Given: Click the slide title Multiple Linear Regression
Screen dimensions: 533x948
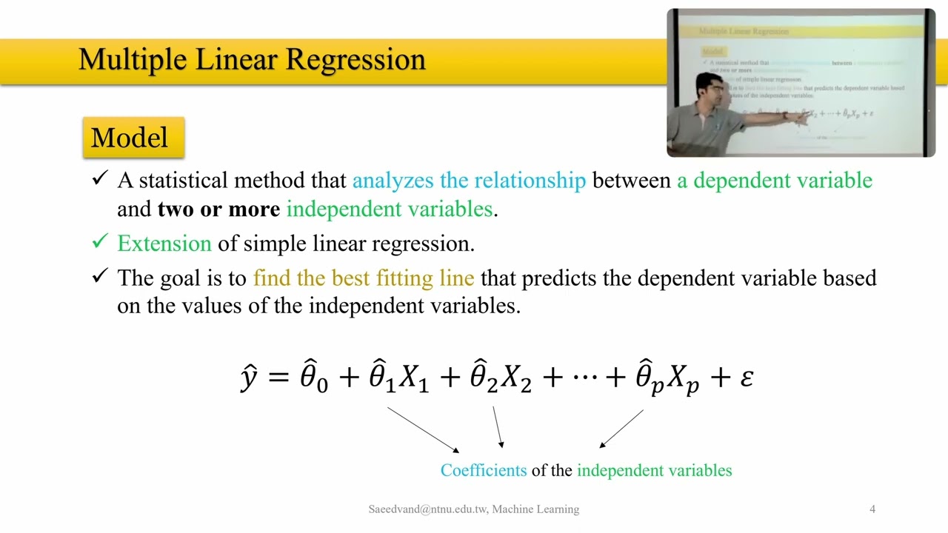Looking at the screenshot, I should coord(252,59).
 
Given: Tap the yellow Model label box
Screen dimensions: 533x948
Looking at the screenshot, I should coord(133,138).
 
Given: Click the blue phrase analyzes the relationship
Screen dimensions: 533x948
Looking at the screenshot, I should coord(469,181).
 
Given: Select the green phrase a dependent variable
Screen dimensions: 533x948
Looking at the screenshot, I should coord(775,181).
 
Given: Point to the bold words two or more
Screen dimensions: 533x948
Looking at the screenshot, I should coord(218,209).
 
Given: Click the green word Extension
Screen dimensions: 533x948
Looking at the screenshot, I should coord(164,244).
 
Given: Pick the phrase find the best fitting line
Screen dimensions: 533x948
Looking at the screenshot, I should coord(363,278).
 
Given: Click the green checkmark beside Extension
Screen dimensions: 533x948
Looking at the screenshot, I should coord(100,242).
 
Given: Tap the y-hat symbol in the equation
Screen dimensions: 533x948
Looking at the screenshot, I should coord(250,378).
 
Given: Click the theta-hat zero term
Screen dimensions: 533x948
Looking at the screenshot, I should coord(313,378).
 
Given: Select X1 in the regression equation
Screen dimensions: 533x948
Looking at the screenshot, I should coord(414,379).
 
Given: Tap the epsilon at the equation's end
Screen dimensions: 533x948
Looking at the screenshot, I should coord(747,378).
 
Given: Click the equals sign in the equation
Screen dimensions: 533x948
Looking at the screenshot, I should coord(278,378).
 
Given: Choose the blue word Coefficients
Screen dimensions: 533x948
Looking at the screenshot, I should coord(483,471).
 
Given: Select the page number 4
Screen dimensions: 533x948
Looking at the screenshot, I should coord(872,509).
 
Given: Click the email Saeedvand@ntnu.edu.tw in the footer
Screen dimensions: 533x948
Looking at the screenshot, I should coord(427,509).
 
